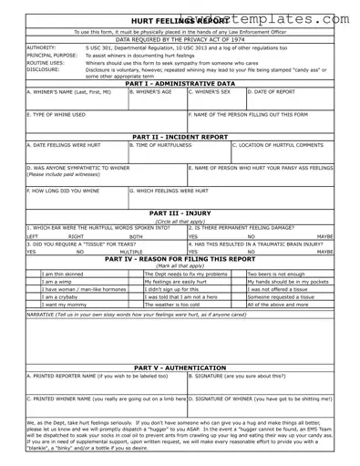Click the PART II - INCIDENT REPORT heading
tap(180, 136)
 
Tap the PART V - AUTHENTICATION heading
tap(180, 368)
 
